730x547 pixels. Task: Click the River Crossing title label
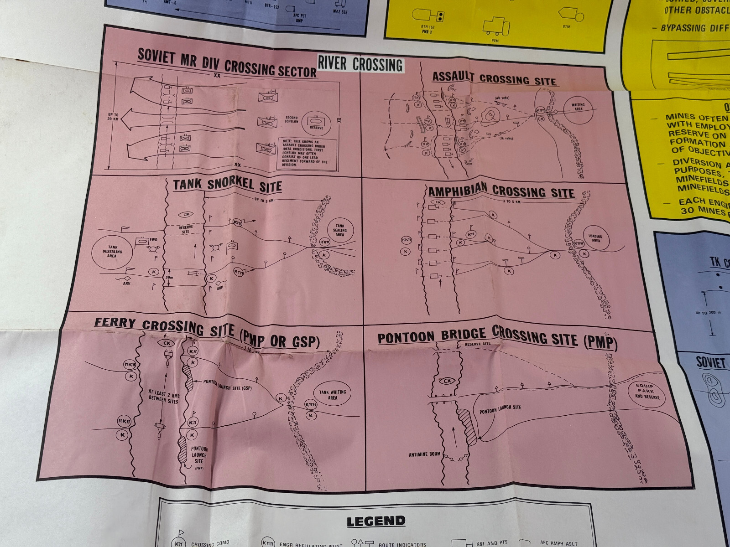[x=360, y=64]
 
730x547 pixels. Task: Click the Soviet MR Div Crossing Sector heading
[x=227, y=63]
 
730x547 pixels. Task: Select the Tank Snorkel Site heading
[x=227, y=185]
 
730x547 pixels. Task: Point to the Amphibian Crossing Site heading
[x=501, y=191]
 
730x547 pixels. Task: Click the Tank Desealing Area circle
[x=112, y=252]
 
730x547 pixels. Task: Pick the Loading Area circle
[x=595, y=238]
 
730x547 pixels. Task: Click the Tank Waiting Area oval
[x=332, y=395]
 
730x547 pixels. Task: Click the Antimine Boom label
[x=424, y=454]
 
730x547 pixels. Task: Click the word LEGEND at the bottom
[x=375, y=521]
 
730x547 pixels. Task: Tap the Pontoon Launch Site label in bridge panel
[x=500, y=409]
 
